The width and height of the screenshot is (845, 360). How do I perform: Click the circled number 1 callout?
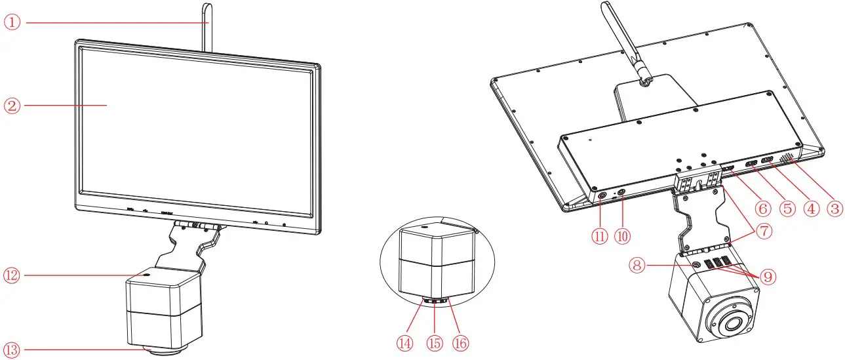coord(13,22)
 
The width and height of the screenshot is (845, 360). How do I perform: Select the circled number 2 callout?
coord(13,105)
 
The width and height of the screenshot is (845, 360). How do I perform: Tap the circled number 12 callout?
coord(13,275)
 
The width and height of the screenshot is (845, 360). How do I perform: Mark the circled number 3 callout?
coord(834,209)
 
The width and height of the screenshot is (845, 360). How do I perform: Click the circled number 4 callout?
coord(811,209)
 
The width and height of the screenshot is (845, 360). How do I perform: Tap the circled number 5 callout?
coord(787,209)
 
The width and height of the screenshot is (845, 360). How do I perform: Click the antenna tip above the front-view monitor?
coord(206,8)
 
